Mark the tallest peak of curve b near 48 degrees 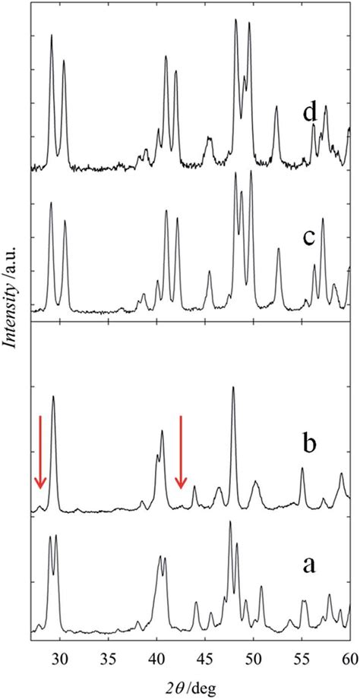click(233, 388)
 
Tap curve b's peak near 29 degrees click(53, 397)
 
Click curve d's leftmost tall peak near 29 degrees click(52, 36)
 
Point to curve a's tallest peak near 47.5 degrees click(230, 523)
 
